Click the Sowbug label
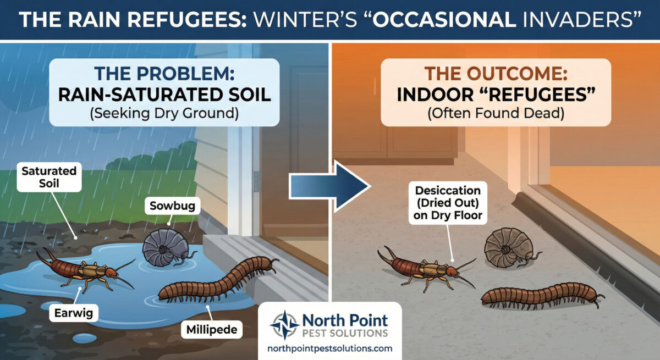(172, 206)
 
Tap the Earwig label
(73, 313)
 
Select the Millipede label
(212, 329)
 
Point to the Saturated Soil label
(49, 177)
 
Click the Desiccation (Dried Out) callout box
(448, 203)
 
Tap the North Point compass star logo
(285, 325)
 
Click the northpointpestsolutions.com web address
(330, 349)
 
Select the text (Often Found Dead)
(496, 113)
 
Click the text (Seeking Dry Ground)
(164, 113)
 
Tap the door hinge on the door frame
(257, 181)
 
